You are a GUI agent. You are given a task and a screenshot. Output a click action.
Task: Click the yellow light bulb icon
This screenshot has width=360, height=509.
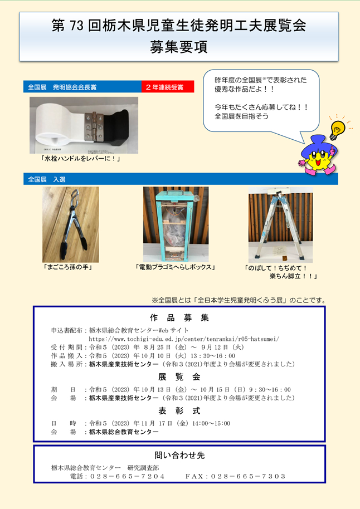[x=337, y=130]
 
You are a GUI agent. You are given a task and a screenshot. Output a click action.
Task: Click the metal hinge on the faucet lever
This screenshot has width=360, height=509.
[x=93, y=126]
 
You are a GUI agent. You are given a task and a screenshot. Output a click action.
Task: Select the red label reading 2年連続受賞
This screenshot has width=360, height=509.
[x=168, y=87]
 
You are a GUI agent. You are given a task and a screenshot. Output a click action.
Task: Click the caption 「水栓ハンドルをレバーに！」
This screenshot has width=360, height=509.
[x=80, y=159]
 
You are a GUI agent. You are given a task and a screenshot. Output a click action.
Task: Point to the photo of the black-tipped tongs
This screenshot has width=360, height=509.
[x=71, y=224]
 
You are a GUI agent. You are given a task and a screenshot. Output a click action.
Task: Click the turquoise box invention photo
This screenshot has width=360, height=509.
[x=176, y=224]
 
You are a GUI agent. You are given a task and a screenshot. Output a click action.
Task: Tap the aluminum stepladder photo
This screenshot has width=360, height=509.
[x=280, y=224]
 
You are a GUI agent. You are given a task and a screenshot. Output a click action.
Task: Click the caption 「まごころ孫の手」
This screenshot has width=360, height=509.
[x=67, y=267]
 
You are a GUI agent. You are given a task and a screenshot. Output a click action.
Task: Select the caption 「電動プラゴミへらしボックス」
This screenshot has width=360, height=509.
[x=176, y=267]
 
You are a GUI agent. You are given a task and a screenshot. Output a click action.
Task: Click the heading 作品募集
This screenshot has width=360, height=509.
[x=179, y=318]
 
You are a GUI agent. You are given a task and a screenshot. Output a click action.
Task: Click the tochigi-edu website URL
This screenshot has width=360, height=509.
[x=184, y=339]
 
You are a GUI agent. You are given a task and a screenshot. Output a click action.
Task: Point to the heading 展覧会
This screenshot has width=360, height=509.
[x=179, y=377]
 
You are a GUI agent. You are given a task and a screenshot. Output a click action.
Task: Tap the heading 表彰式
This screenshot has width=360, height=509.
[x=179, y=411]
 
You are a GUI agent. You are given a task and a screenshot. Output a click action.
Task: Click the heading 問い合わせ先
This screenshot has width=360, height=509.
[x=179, y=456]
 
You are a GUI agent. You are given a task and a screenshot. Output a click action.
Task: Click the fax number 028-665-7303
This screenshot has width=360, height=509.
[x=248, y=476]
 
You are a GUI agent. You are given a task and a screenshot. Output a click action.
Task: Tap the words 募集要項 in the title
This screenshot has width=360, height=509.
[x=179, y=47]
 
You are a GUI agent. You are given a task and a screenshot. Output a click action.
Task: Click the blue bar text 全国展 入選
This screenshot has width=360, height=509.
[x=46, y=179]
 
